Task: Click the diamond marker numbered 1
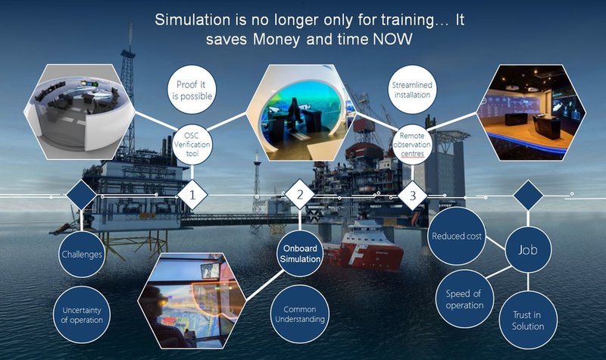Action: [x=192, y=195]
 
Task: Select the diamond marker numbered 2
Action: [x=300, y=195]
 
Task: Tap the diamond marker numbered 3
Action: [x=412, y=195]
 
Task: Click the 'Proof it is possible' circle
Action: [x=192, y=89]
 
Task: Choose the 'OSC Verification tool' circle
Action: [x=192, y=145]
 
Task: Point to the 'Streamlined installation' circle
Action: [x=412, y=89]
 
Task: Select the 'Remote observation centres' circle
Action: [x=412, y=145]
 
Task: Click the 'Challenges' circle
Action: [x=82, y=254]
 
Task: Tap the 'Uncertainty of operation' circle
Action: [x=82, y=315]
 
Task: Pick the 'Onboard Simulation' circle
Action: [x=300, y=254]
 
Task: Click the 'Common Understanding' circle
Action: [x=299, y=314]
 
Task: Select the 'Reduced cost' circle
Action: [x=457, y=236]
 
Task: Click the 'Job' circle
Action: [x=528, y=249]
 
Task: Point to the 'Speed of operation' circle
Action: [x=464, y=299]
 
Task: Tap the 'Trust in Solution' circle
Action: [x=528, y=320]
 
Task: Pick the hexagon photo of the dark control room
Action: [x=531, y=112]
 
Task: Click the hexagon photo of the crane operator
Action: [x=192, y=301]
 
